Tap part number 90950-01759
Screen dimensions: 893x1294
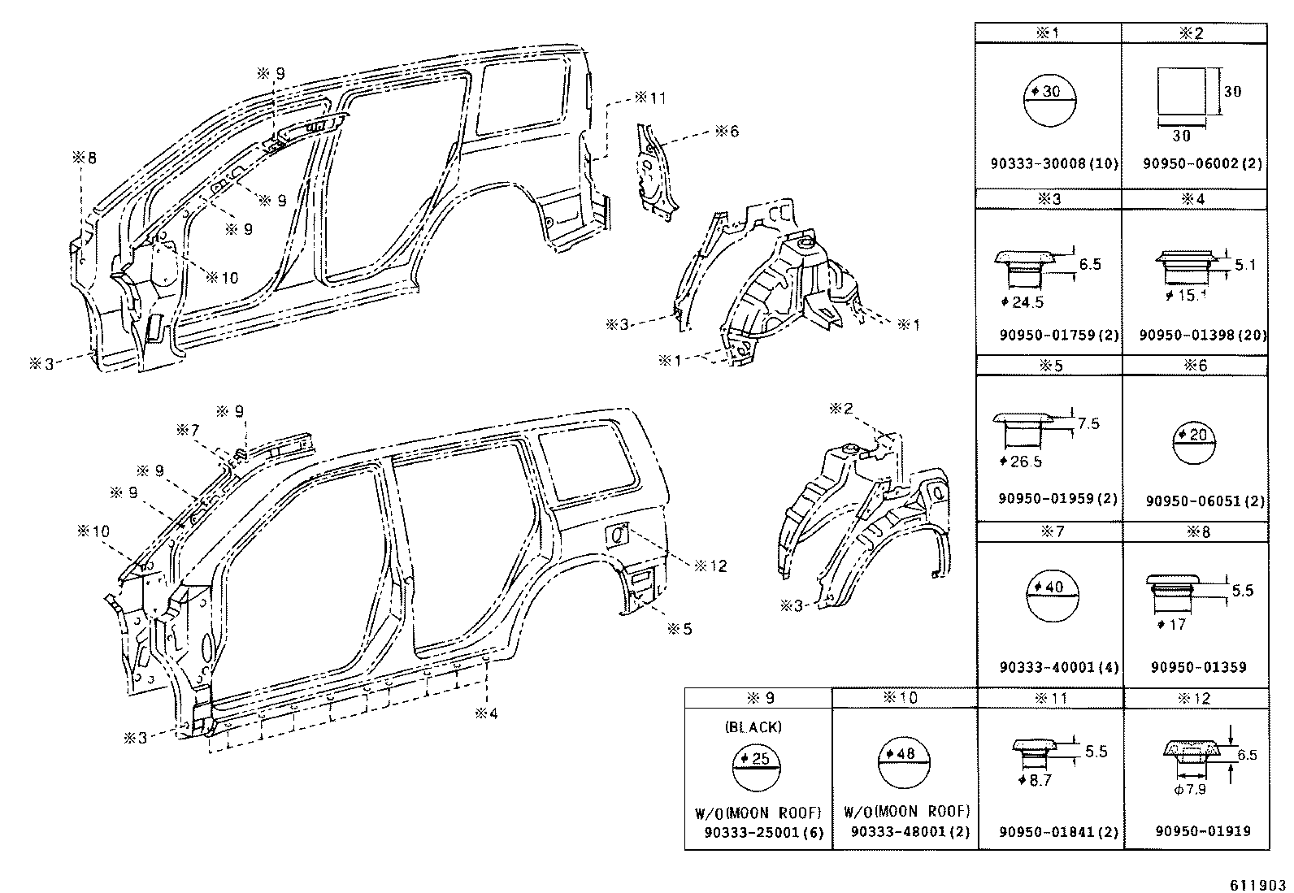(1047, 335)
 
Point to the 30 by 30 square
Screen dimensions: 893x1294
(1183, 91)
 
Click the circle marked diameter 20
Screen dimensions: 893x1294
(1195, 446)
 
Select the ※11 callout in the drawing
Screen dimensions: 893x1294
(649, 98)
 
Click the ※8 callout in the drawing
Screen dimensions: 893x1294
(85, 158)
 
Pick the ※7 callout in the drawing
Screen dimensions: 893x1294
(189, 429)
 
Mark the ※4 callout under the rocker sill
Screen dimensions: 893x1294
(486, 714)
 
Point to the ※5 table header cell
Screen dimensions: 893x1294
(1049, 366)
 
